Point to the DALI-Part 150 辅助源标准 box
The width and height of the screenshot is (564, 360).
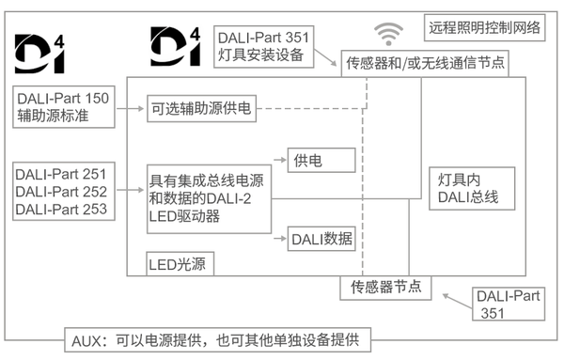(64, 108)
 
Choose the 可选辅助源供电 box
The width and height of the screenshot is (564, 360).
(201, 108)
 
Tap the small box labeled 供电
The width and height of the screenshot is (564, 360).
(321, 161)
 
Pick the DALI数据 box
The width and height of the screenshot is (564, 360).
(321, 239)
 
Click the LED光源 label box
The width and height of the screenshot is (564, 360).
(179, 264)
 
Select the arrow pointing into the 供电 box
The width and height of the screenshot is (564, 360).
(279, 161)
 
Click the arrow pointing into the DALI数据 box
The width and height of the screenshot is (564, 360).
(279, 239)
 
